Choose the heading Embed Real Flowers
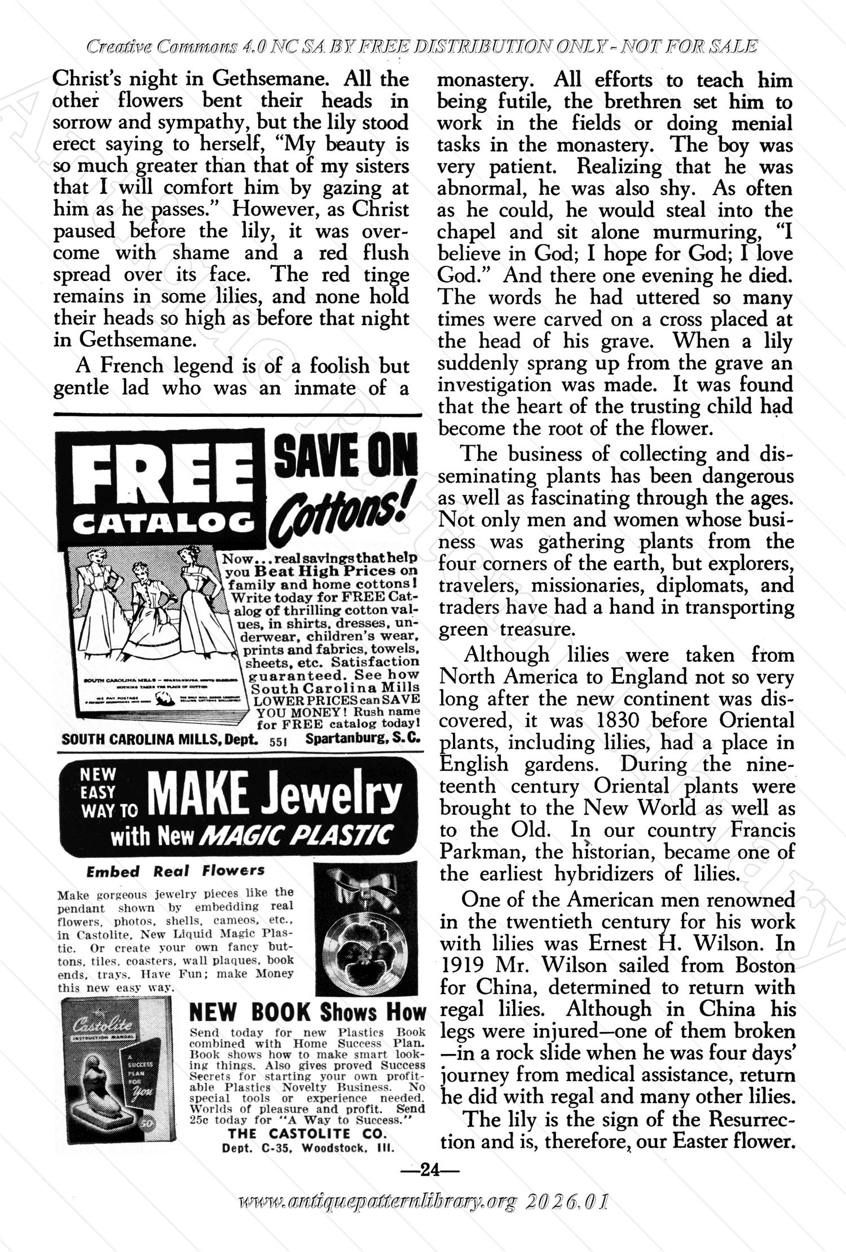(x=175, y=871)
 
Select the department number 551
(x=279, y=741)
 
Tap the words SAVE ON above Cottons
(x=346, y=458)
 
